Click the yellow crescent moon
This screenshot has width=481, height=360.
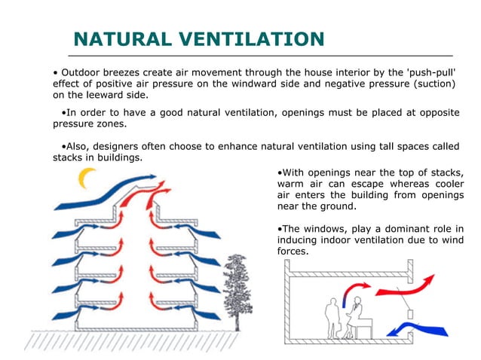point(89,178)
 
